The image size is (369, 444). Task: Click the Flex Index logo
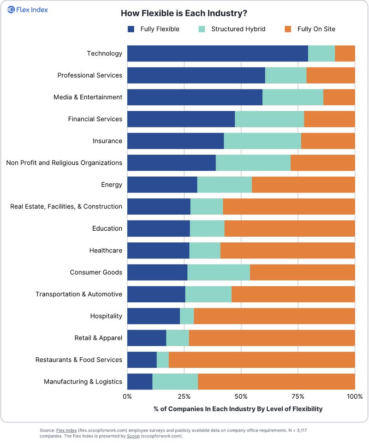28,10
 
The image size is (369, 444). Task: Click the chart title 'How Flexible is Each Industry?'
184,13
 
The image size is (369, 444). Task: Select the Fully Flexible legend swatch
131,29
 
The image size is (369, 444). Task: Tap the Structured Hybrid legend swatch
202,29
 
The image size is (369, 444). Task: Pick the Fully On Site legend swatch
288,29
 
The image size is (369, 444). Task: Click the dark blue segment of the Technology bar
218,54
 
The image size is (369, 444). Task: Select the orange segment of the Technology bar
345,54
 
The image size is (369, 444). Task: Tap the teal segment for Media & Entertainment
293,97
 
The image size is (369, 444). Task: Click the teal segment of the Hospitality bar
187,316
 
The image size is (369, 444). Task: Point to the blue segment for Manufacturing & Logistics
140,382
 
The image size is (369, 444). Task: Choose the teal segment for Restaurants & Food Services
163,360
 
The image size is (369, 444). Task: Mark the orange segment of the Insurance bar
328,141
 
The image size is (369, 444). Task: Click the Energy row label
112,185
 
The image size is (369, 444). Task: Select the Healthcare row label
106,250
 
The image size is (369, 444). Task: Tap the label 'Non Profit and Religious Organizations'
64,163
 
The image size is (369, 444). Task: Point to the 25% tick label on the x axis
184,396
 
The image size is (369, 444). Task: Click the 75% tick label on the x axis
298,396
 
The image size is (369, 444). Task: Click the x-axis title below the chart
238,409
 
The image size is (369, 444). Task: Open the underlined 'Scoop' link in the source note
133,436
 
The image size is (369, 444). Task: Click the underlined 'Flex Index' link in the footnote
66,431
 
